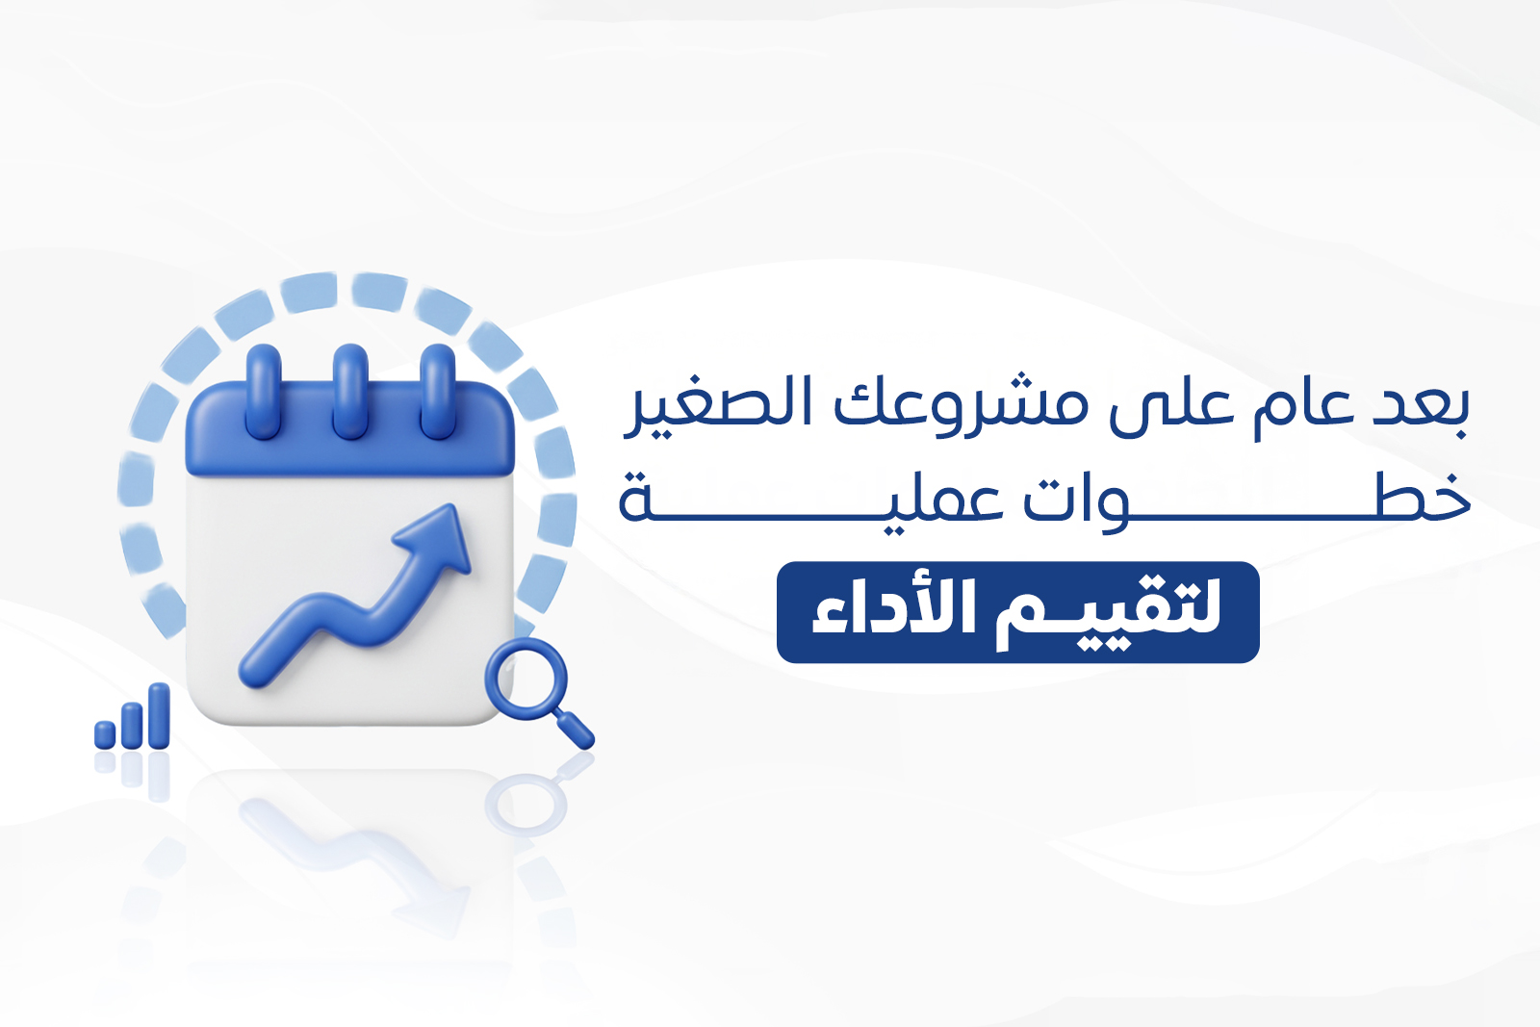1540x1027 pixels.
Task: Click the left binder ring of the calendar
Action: [x=264, y=391]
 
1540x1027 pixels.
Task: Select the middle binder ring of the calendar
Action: [x=350, y=391]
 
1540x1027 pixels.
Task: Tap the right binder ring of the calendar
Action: [x=437, y=391]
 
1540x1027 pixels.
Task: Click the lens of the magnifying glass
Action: [x=526, y=679]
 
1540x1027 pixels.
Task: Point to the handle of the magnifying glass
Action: [x=575, y=730]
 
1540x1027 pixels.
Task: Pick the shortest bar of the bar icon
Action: [x=105, y=734]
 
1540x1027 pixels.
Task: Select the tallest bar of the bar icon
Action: [x=159, y=715]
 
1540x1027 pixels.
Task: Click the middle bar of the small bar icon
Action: [x=132, y=725]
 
